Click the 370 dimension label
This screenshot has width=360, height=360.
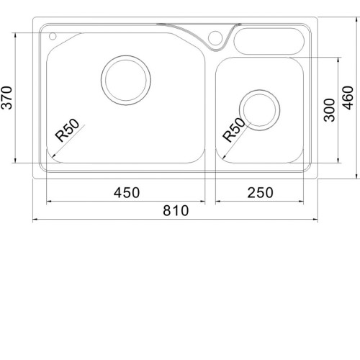point(6,98)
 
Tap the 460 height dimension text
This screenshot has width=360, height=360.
point(349,98)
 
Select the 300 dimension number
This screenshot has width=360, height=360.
point(329,110)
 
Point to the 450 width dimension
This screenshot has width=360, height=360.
point(127,192)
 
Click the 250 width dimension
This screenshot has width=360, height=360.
point(260,192)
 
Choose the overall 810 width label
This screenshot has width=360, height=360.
point(176,210)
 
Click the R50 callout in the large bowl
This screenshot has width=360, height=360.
point(67,130)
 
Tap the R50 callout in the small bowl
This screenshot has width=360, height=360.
point(234,130)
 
